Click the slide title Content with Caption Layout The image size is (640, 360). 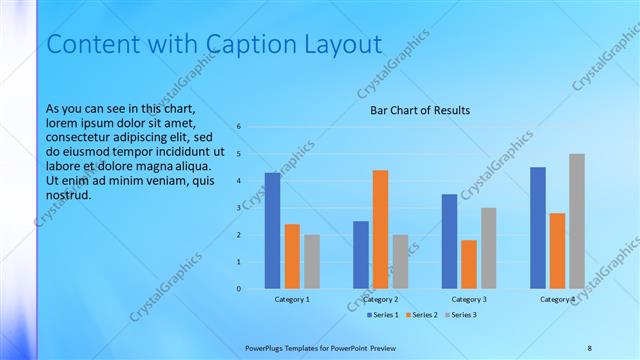tap(214, 45)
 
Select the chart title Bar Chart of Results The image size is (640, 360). tap(420, 110)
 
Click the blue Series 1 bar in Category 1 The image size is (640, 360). tap(272, 231)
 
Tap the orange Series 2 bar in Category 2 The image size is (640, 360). tap(380, 229)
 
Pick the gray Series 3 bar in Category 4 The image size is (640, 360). tap(577, 221)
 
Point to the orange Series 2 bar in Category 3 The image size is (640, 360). tap(469, 264)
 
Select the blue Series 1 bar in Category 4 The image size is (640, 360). tap(538, 228)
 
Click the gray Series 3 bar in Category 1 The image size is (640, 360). tap(312, 262)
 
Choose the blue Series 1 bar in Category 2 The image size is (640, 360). tap(360, 255)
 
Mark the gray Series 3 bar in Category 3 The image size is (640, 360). tap(489, 248)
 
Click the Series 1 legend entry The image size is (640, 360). tap(383, 315)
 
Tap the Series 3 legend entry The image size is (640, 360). tap(459, 315)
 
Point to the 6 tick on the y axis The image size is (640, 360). tap(239, 127)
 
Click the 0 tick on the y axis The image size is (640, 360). tap(239, 289)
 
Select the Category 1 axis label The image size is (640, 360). tap(292, 299)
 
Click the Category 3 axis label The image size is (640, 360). tap(469, 299)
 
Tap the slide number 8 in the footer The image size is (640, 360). tap(589, 347)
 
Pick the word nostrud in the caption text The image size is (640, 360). tap(69, 194)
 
